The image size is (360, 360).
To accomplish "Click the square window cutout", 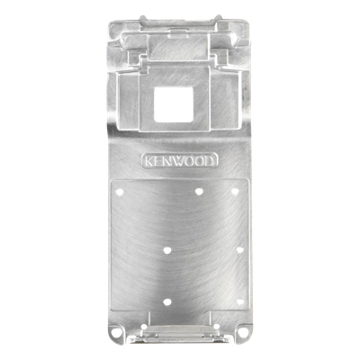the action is (x=174, y=104).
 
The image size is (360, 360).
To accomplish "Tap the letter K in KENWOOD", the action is (x=149, y=161).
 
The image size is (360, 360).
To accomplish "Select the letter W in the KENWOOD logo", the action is (x=181, y=161).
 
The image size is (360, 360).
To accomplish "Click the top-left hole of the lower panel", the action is (x=120, y=192).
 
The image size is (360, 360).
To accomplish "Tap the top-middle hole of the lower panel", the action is (x=199, y=192).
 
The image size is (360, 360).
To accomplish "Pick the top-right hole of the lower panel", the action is (x=235, y=191).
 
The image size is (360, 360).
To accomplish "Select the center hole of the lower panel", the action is (x=167, y=250).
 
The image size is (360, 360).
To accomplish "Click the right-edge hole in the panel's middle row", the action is (x=239, y=249).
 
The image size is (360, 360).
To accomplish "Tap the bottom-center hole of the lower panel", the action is (x=167, y=302).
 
